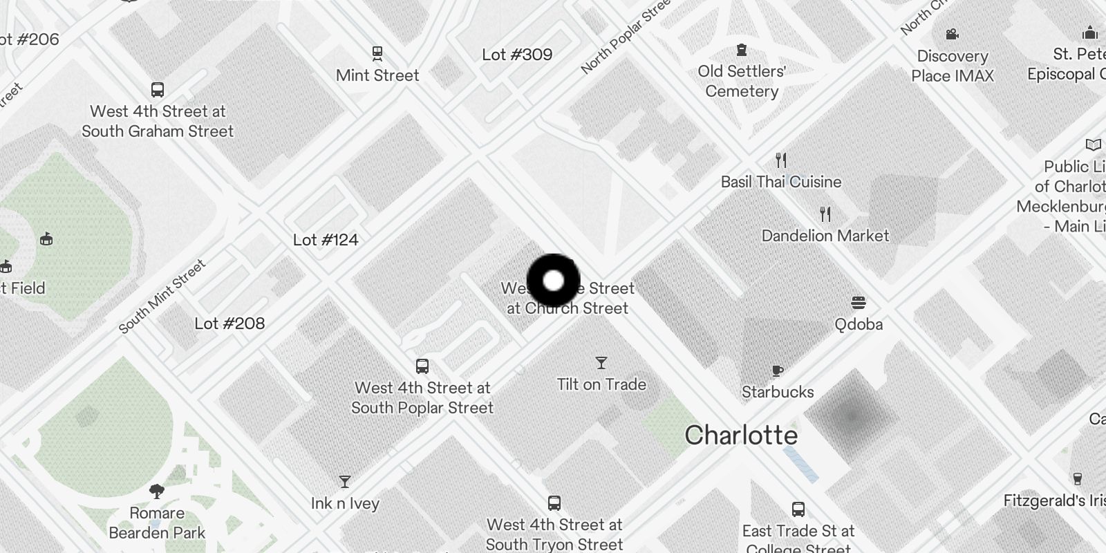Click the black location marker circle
553,281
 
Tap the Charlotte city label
741,435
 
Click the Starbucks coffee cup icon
778,371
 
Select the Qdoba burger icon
859,303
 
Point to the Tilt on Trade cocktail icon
601,363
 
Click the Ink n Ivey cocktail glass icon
345,482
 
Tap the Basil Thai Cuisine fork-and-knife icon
781,160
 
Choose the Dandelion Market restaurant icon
825,214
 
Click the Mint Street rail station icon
377,53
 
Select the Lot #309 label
517,55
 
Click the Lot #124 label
326,240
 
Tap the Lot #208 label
229,324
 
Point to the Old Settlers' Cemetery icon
742,50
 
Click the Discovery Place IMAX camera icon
952,35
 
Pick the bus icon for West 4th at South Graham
158,90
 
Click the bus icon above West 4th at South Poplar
422,366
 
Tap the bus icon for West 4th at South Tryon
554,503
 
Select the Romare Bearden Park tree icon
157,491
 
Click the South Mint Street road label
162,297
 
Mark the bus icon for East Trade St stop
798,510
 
